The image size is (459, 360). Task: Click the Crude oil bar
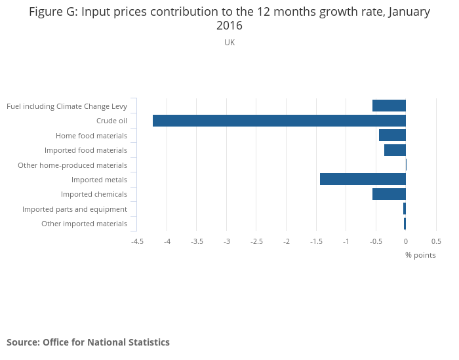coord(279,121)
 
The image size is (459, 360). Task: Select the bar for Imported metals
coord(363,179)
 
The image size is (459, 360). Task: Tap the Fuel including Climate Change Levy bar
coord(389,106)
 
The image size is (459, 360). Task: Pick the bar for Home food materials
coord(392,135)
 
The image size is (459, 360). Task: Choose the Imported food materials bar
coord(395,150)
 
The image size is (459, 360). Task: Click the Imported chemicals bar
coord(389,194)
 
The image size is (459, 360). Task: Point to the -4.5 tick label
coord(137,241)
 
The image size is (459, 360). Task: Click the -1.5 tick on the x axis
coord(316,241)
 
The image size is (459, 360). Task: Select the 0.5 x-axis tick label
coord(435,241)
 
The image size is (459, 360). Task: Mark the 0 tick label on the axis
coord(405,241)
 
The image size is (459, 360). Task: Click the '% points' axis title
coord(420,255)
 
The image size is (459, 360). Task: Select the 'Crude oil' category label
coord(111,121)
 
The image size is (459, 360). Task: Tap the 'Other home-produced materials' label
coord(72,165)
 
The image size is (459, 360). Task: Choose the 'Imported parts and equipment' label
coord(75,209)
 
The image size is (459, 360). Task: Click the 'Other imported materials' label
coord(84,224)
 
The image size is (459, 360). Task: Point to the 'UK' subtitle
coord(229,43)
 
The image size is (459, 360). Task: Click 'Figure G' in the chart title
coord(52,12)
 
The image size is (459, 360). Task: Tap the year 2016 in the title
coord(229,26)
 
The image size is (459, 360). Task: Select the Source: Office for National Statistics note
coord(88,342)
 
